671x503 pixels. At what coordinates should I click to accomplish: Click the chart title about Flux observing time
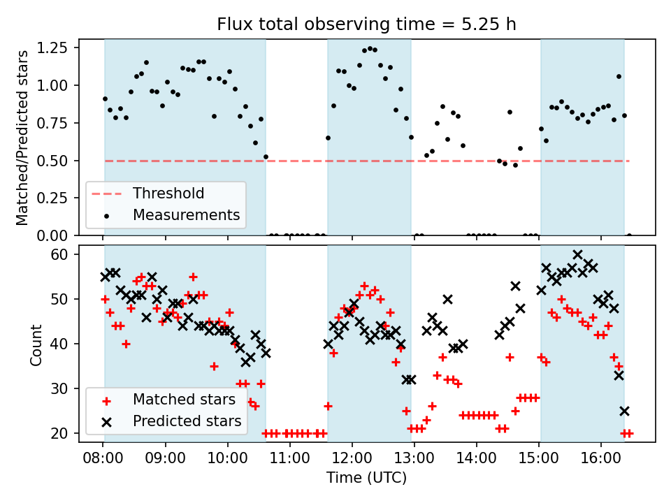click(x=366, y=24)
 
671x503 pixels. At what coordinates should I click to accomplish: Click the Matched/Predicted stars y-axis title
click(x=22, y=138)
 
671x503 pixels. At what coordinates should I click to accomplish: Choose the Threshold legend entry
click(x=168, y=194)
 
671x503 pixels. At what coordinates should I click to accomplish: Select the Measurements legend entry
click(x=186, y=214)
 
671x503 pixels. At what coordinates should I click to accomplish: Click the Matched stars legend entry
click(x=184, y=400)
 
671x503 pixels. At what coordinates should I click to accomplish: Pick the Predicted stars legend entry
click(x=187, y=421)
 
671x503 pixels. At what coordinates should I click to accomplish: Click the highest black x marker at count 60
click(x=577, y=254)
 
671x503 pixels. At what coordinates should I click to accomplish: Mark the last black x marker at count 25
click(x=624, y=411)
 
